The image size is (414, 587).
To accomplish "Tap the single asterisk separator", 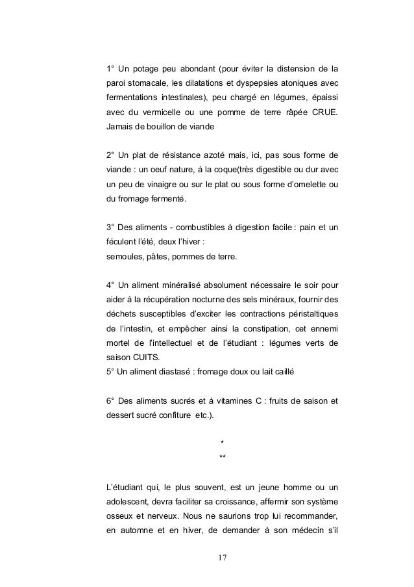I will [x=223, y=445].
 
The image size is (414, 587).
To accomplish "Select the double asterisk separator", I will [x=223, y=458].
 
